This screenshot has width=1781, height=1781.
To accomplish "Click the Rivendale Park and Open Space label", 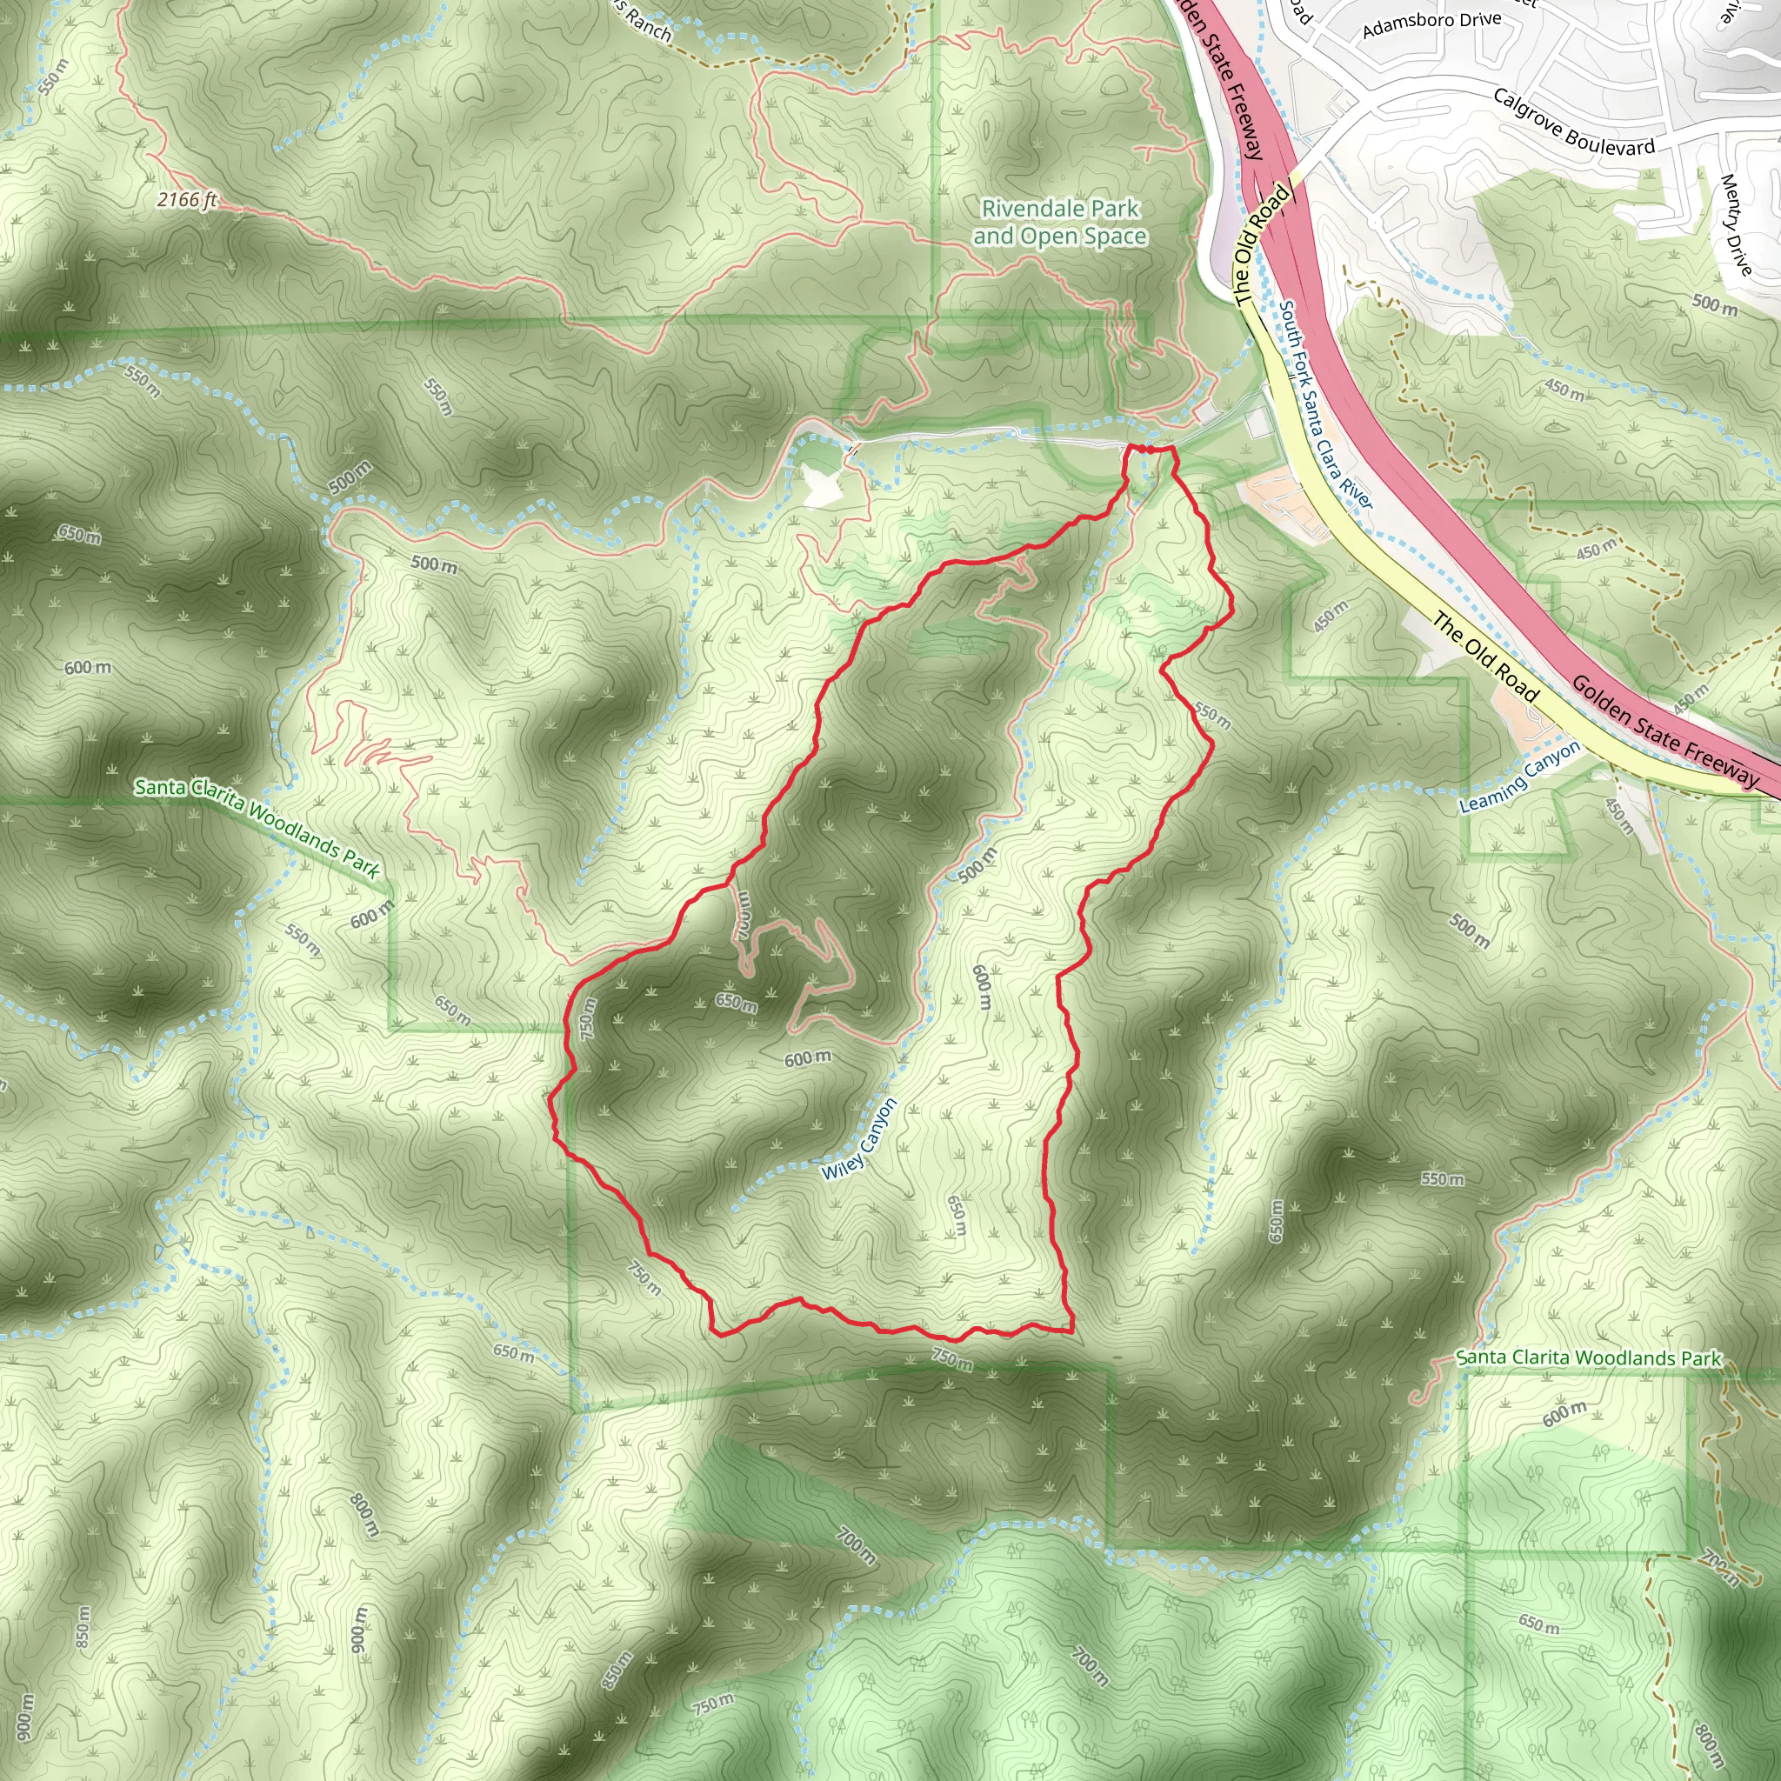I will coord(1060,222).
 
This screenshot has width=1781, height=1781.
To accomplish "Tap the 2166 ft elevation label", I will coord(186,199).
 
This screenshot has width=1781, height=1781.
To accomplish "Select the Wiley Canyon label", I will coord(859,1139).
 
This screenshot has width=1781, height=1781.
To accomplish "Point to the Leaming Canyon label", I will coord(1519,778).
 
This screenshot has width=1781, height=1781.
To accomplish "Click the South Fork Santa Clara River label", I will coord(1324,404).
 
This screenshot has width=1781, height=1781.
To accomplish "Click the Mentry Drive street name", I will coord(1735,224).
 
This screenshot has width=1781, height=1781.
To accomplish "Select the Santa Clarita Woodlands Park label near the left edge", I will coord(257,827).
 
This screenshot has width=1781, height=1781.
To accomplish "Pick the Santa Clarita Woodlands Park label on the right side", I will coord(1588,1357).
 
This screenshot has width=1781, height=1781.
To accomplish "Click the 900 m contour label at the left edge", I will coord(25,1718).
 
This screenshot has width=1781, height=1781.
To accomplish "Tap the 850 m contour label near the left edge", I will coord(83,1626).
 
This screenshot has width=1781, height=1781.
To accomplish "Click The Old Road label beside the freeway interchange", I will coord(1261,244).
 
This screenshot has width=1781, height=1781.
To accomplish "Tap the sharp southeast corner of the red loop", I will coord(1072,1331).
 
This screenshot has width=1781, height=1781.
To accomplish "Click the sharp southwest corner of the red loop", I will coord(716,1333).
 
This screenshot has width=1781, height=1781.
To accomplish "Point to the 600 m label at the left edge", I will coord(88,667).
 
